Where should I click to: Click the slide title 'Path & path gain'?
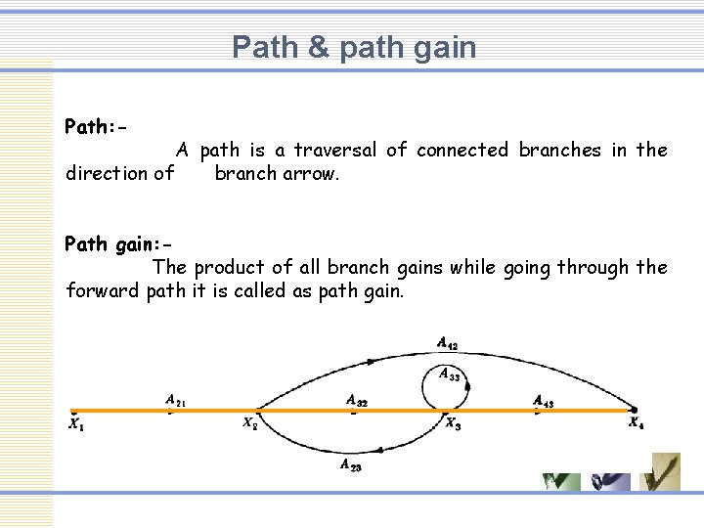[354, 47]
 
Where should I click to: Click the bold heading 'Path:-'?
[97, 127]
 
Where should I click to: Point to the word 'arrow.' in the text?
[312, 174]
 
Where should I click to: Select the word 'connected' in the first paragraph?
[462, 151]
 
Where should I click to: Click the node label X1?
[76, 424]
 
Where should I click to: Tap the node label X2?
[251, 423]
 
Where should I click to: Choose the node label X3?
[454, 423]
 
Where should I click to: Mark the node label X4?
[637, 423]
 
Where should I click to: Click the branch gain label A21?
[177, 400]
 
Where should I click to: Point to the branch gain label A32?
[357, 400]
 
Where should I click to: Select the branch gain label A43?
[545, 400]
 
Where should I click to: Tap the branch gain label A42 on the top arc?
[447, 343]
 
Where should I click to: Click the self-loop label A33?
[449, 374]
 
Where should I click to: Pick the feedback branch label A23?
[351, 465]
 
